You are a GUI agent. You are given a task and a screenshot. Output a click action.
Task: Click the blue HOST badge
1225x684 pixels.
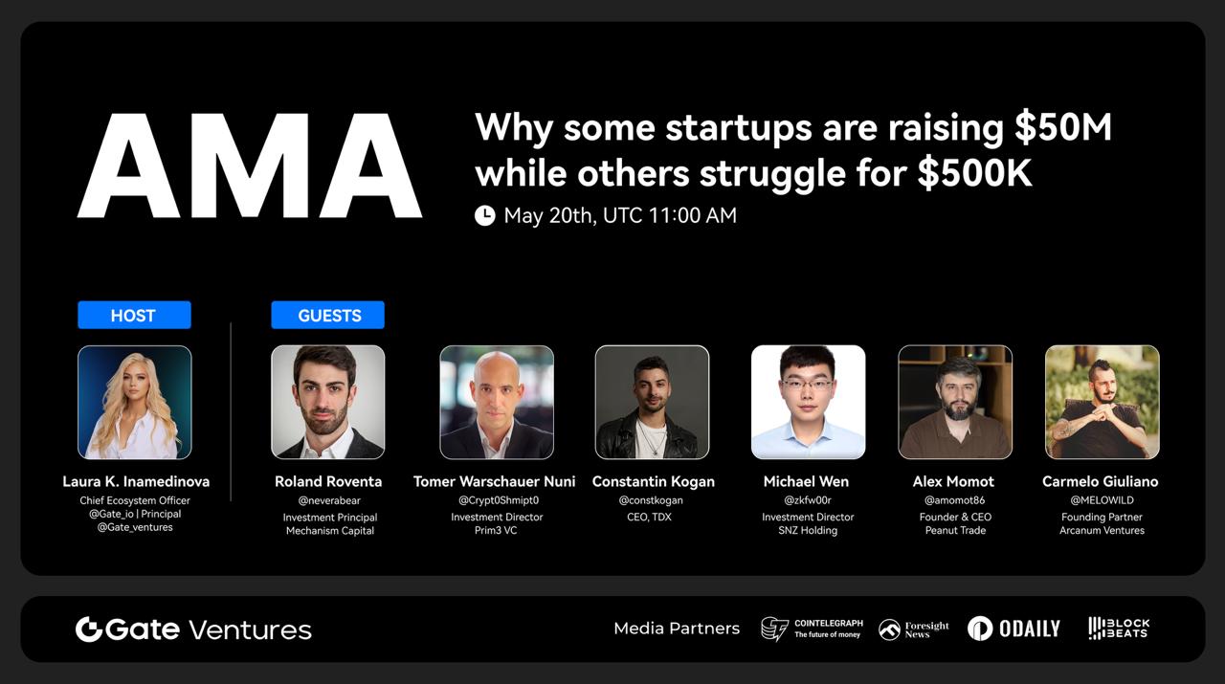click(135, 315)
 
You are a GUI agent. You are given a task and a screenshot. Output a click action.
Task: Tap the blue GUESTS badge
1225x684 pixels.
click(327, 315)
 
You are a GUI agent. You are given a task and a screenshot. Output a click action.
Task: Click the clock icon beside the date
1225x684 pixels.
click(484, 215)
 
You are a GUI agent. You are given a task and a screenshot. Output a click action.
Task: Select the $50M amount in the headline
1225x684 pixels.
click(1062, 128)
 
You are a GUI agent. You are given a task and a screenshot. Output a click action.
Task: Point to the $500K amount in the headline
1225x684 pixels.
click(974, 173)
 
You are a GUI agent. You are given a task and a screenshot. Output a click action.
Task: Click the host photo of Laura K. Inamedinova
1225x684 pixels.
click(135, 402)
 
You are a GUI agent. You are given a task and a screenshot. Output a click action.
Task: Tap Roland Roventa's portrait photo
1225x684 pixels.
click(328, 402)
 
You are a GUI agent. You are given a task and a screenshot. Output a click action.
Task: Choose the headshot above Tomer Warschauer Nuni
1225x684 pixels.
click(497, 402)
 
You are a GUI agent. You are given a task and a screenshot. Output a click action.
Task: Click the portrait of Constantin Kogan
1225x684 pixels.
click(652, 402)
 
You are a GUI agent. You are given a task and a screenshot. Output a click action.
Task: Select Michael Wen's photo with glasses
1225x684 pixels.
click(809, 402)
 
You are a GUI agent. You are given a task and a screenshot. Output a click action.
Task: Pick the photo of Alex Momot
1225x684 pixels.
click(955, 402)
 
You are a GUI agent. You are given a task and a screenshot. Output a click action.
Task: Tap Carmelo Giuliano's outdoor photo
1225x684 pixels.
click(1102, 402)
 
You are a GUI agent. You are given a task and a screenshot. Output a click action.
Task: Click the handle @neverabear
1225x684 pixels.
click(329, 500)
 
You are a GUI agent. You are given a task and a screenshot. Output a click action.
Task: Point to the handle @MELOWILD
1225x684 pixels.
click(1102, 500)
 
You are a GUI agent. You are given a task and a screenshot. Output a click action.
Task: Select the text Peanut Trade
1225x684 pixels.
click(955, 530)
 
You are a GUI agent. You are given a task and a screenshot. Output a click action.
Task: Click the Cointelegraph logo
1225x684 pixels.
click(813, 629)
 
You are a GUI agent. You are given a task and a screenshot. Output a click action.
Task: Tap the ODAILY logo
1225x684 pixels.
click(1013, 629)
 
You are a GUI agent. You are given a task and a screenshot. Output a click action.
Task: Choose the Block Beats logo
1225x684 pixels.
click(1119, 629)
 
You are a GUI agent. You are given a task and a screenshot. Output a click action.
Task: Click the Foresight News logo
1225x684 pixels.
click(914, 629)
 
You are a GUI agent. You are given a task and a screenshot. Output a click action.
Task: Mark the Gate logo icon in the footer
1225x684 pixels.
click(89, 629)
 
